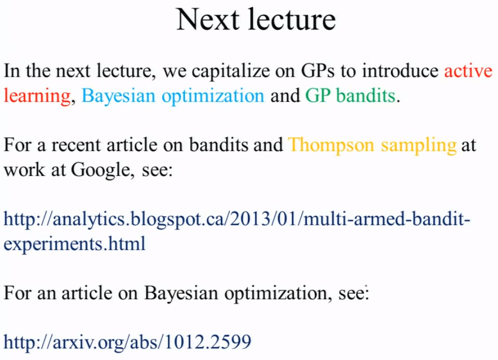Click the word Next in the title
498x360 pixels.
click(208, 20)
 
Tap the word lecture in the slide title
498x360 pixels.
click(291, 20)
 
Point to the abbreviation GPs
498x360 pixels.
click(317, 71)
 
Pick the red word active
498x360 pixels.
click(468, 70)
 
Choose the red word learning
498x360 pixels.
click(37, 96)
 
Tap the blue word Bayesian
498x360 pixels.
click(119, 96)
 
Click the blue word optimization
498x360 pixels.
click(213, 96)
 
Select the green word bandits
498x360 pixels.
click(366, 95)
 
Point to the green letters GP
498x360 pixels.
click(317, 95)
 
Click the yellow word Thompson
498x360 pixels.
click(331, 146)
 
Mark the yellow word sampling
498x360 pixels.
click(419, 146)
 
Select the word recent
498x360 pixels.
click(76, 146)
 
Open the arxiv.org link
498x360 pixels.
click(127, 342)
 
